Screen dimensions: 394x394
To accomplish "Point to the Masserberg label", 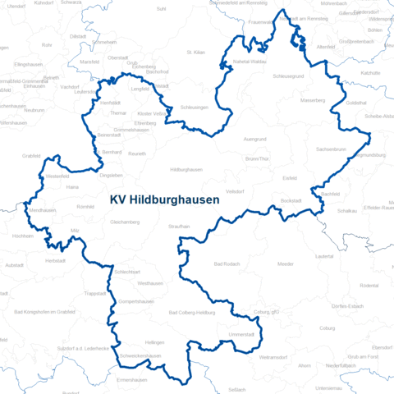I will (x=314, y=101).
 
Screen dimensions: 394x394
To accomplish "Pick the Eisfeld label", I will (x=290, y=177).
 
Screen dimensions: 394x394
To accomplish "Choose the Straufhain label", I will (x=179, y=226).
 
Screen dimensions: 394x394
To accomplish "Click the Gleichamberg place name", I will (x=125, y=222).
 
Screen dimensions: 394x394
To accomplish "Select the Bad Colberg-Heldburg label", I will (x=191, y=313).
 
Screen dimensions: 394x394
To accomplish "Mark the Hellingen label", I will (x=154, y=341).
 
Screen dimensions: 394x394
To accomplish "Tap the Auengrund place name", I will (x=255, y=140).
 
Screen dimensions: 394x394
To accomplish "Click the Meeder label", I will (x=286, y=265).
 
